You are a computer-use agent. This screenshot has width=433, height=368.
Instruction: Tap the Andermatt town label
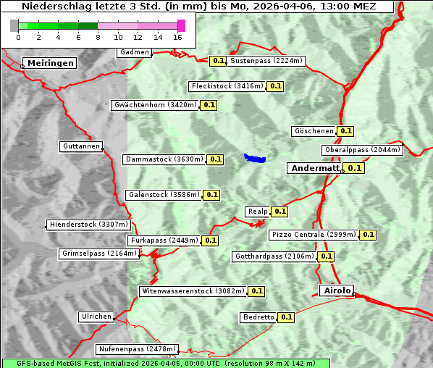coord(315,167)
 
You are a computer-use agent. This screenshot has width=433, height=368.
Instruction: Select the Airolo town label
coord(336,290)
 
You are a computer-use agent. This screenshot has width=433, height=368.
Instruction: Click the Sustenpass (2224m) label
coord(266,61)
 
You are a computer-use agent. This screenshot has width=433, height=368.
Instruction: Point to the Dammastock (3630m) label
coord(164,159)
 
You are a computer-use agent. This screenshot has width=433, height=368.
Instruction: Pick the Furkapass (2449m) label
coord(164,240)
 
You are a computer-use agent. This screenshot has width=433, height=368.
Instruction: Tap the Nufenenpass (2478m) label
coord(137,348)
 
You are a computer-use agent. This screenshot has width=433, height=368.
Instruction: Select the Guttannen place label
coord(80,146)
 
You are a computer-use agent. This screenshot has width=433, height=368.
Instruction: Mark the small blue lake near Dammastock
coord(255,158)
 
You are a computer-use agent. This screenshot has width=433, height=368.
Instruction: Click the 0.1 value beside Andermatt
coord(354,168)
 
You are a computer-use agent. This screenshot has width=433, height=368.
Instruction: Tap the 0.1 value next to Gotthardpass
coord(326,256)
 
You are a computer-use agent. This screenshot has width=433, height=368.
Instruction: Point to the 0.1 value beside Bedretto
coord(286,317)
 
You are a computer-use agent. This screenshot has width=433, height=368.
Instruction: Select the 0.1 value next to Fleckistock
coord(275,86)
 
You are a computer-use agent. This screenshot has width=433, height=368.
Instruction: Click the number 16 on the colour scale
coord(177,37)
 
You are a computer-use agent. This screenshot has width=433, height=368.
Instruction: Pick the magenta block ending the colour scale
coord(181,25)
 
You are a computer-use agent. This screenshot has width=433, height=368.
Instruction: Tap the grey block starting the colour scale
coord(14,25)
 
